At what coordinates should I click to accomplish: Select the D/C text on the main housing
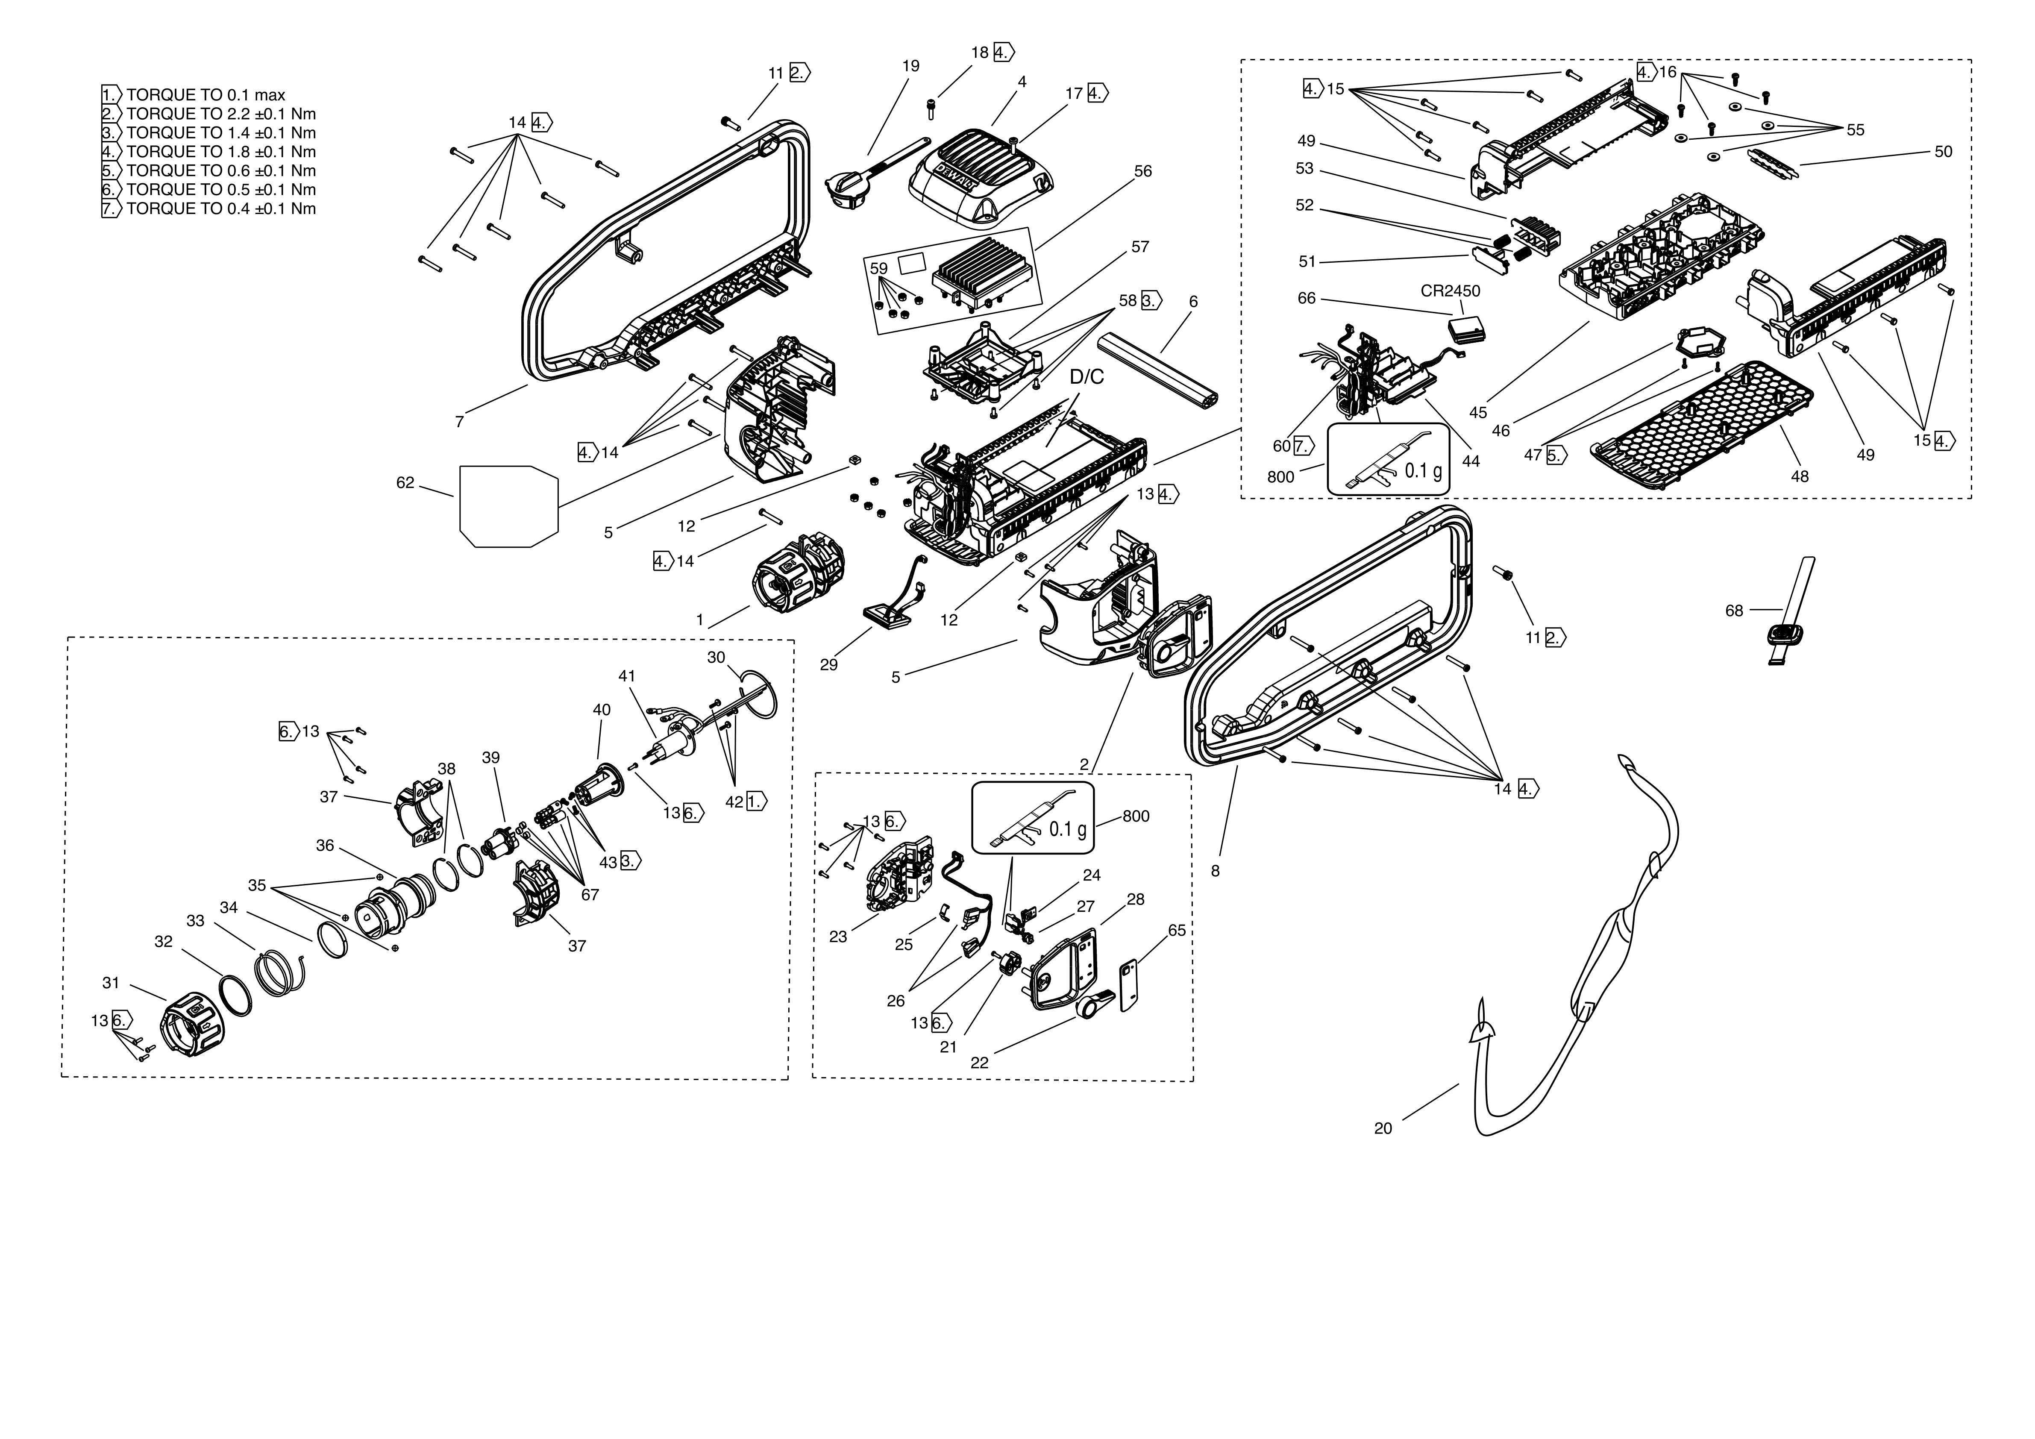[x=1087, y=377]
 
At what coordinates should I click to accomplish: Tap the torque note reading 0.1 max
[x=206, y=95]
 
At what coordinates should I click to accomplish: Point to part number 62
[x=405, y=483]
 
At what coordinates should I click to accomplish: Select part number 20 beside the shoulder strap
[x=1383, y=1128]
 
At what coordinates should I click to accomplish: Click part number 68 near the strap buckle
[x=1734, y=611]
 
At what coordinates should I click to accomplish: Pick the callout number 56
[x=1143, y=171]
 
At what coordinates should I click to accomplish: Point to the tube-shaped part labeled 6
[x=1157, y=368]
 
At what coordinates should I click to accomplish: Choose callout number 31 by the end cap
[x=111, y=983]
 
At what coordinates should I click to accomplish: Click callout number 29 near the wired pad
[x=829, y=664]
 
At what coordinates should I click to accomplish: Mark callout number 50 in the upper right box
[x=1943, y=152]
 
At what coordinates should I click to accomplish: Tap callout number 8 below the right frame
[x=1215, y=871]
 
